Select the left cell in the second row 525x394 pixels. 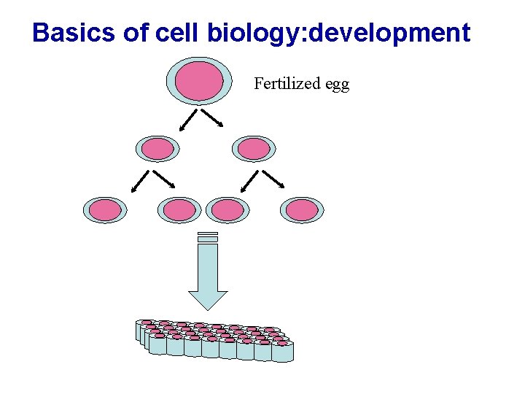(x=157, y=149)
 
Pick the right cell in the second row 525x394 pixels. (x=254, y=149)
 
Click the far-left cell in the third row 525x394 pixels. (x=106, y=211)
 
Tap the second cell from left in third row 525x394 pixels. (x=179, y=211)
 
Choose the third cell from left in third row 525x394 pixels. (x=227, y=211)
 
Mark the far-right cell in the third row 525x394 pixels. (x=302, y=211)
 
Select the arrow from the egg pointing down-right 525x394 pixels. (x=212, y=118)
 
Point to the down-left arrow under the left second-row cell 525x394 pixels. (x=141, y=181)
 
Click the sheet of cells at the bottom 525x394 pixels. (x=215, y=339)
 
